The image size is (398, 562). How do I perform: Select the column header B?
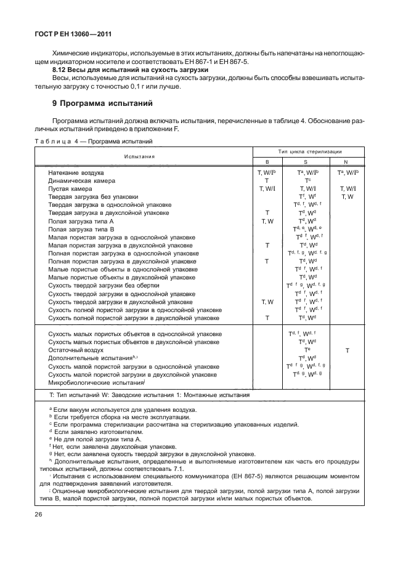267,161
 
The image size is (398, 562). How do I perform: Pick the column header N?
347,161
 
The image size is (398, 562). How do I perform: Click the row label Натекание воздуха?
76,173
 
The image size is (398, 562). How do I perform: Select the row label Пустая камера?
70,189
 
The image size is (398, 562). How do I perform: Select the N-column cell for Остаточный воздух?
347,350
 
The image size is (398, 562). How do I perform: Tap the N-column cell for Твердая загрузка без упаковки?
347,197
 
